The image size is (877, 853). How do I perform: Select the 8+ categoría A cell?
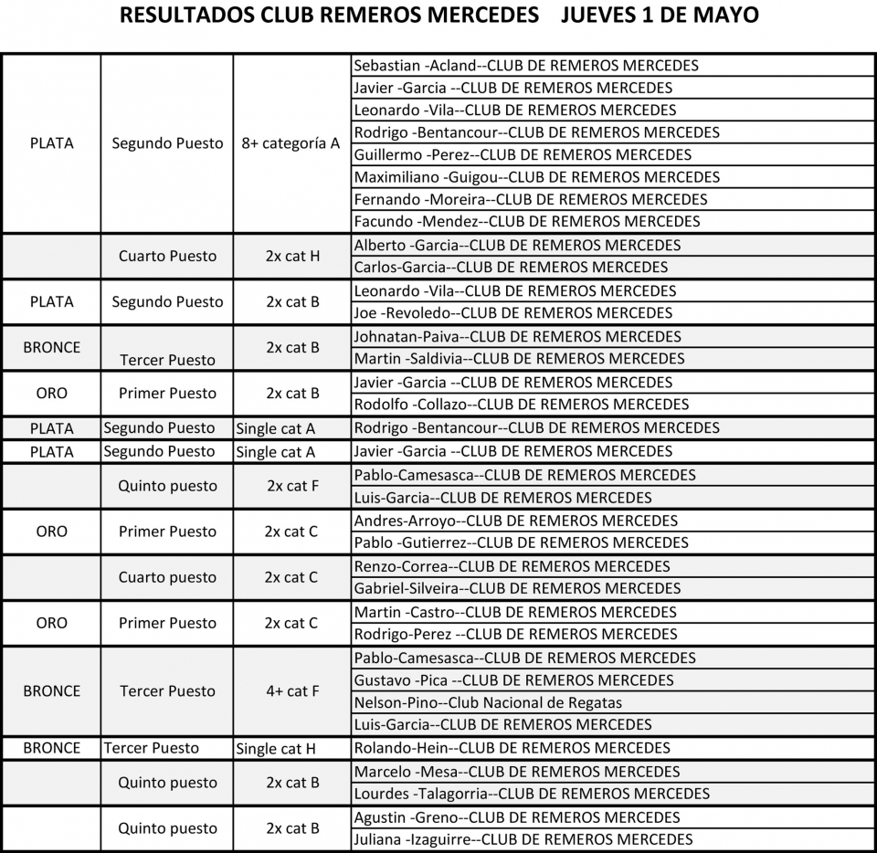tap(291, 143)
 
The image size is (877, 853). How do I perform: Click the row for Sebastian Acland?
tap(525, 66)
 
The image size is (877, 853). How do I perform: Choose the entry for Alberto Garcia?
tap(517, 245)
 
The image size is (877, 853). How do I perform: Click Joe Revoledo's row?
tap(512, 313)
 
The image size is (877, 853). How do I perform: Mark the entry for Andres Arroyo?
tap(515, 521)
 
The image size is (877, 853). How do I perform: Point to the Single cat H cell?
tap(276, 749)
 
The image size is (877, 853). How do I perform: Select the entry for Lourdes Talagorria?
tap(532, 794)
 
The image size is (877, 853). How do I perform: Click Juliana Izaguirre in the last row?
tap(523, 839)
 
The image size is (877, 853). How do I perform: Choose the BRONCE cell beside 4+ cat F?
tap(51, 691)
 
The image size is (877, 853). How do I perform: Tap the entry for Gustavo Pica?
tap(513, 680)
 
